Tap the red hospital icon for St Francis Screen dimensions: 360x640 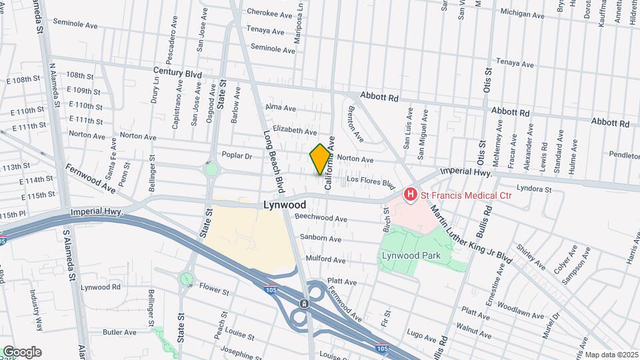coord(411,195)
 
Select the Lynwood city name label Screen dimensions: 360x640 coord(285,205)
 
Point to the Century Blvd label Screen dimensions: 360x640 coord(177,70)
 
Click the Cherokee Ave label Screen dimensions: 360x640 coord(269,13)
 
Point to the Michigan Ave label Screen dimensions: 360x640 coord(521,13)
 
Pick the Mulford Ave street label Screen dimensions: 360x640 coord(325,259)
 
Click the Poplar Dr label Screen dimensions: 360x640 coord(237,156)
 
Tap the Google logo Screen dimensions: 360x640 coord(22,352)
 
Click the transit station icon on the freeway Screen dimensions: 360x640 coord(304,303)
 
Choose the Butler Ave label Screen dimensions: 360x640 coord(119,332)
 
